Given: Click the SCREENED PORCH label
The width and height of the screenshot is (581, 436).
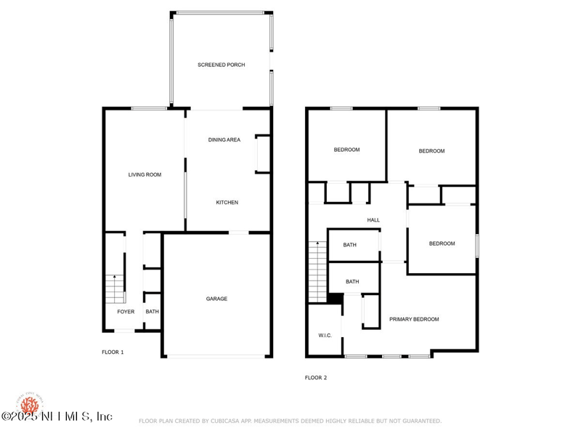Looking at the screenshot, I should pyautogui.click(x=221, y=65).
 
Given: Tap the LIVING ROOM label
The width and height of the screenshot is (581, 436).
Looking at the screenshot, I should pyautogui.click(x=145, y=174).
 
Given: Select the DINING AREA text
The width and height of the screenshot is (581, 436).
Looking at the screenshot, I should pyautogui.click(x=224, y=140).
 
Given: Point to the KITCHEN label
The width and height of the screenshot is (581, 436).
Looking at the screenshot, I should pyautogui.click(x=227, y=202).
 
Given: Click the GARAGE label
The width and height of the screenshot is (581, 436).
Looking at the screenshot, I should pyautogui.click(x=216, y=299).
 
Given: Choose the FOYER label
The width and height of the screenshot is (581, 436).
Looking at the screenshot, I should pyautogui.click(x=126, y=312).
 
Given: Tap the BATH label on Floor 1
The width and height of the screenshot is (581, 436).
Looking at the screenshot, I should pyautogui.click(x=152, y=312).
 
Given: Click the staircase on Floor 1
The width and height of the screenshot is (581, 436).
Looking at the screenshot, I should pyautogui.click(x=113, y=289).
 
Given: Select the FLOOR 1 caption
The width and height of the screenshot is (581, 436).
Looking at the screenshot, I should pyautogui.click(x=113, y=352).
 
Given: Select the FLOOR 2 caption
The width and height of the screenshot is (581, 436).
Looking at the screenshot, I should pyautogui.click(x=316, y=378).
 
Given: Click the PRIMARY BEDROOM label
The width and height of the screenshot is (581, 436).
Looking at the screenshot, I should pyautogui.click(x=414, y=319).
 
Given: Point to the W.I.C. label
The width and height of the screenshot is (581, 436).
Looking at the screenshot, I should pyautogui.click(x=324, y=335).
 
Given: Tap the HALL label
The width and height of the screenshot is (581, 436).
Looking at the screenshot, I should pyautogui.click(x=373, y=219).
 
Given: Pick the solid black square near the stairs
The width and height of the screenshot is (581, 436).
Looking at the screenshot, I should pyautogui.click(x=335, y=298).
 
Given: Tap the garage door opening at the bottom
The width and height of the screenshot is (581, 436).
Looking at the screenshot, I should pyautogui.click(x=217, y=356).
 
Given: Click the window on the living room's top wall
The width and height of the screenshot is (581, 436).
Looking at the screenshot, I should pyautogui.click(x=150, y=109).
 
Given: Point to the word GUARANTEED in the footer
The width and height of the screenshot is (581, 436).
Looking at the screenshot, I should pyautogui.click(x=416, y=421).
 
